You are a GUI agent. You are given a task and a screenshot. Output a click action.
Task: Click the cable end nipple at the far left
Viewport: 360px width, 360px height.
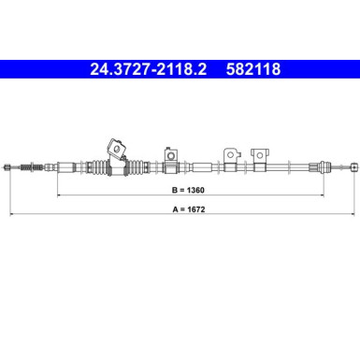[x=9, y=167]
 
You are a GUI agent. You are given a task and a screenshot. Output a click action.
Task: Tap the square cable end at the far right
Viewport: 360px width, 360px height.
[x=353, y=167]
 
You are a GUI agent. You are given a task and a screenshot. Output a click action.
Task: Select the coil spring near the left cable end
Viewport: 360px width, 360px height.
[x=28, y=167]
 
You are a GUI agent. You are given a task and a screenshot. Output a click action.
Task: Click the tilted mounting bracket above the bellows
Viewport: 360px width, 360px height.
[x=115, y=147]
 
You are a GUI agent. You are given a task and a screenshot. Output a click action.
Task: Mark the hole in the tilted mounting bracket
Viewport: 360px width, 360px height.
[x=117, y=146]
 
